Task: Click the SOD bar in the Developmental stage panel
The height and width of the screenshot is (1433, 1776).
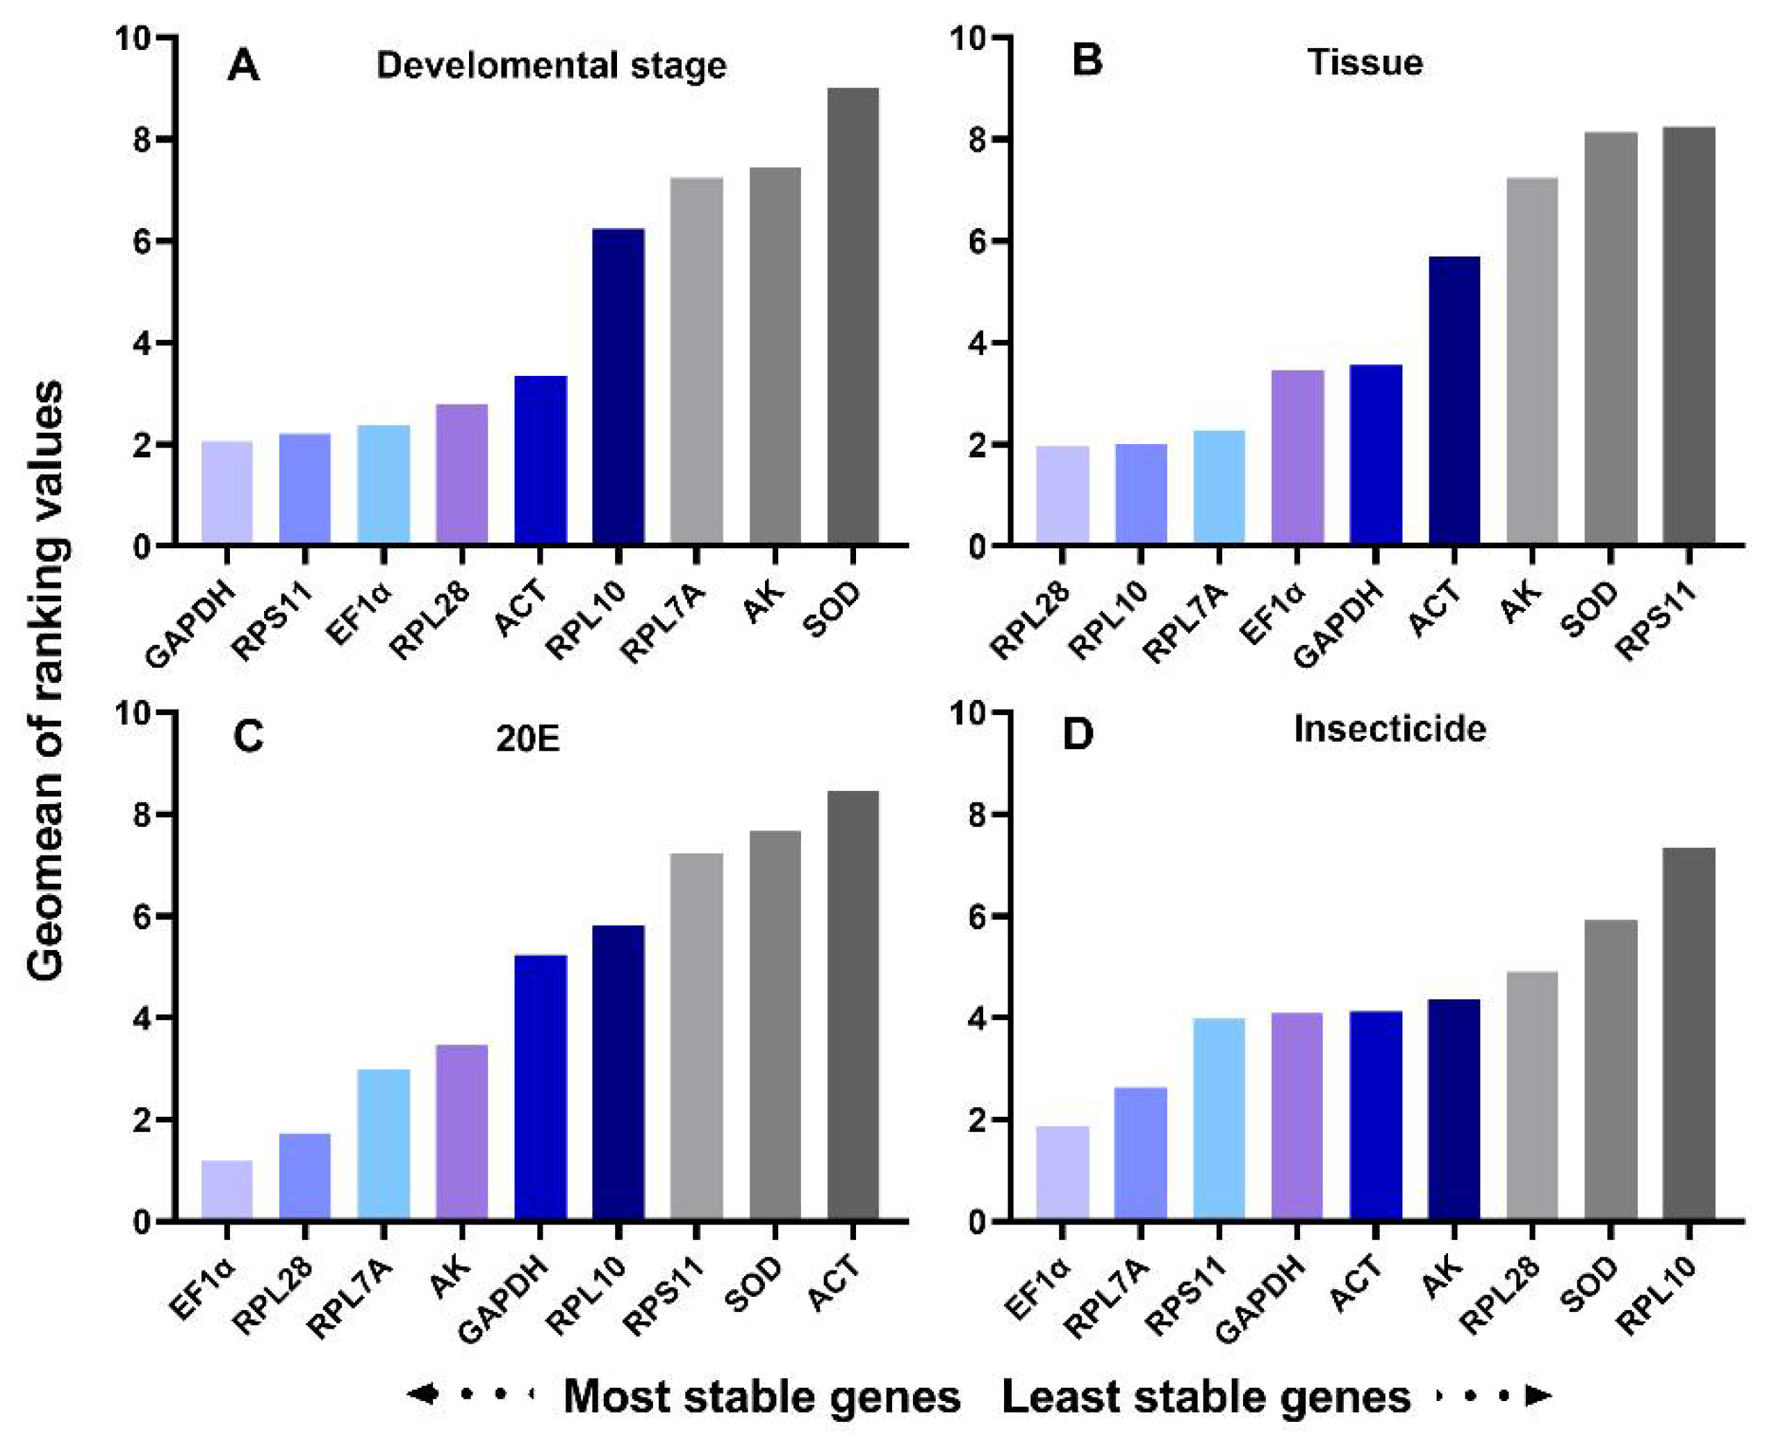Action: pos(853,316)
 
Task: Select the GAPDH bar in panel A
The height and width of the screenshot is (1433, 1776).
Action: pos(227,493)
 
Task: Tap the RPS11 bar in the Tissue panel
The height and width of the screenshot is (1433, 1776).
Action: pos(1688,336)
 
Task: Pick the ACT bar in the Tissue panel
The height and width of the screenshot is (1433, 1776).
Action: pos(1454,400)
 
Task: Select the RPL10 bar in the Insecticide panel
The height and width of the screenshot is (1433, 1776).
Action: pos(1688,1033)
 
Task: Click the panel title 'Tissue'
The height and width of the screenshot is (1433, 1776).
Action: pos(1366,63)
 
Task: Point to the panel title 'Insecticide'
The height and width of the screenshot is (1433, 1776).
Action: pos(1390,729)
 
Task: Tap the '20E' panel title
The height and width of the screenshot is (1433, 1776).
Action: pos(528,739)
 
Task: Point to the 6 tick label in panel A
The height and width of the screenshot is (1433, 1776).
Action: pos(141,241)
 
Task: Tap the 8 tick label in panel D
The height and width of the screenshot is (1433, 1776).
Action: pos(977,814)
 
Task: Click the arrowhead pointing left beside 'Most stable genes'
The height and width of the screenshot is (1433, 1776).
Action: pos(422,1394)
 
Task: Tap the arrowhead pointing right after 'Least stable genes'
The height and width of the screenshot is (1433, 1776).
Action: pos(1538,1395)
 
